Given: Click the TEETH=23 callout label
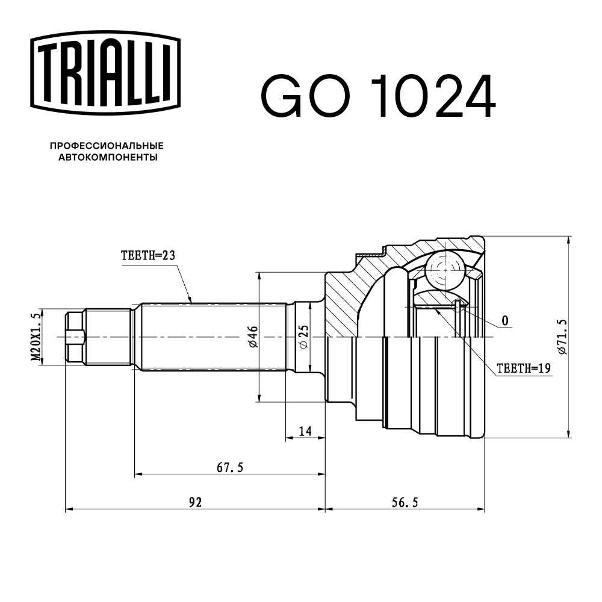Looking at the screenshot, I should pos(147,256).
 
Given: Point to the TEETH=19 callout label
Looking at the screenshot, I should pos(524,368).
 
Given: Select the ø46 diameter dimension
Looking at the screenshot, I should pos(253,337).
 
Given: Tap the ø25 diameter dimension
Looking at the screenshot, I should pos(303,337).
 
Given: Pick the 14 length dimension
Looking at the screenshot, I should pos(305,430).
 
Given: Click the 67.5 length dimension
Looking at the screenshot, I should pos(229,467).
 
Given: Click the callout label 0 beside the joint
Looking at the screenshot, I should pos(504,320).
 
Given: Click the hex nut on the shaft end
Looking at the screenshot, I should pos(74,337).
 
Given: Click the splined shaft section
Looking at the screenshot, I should pos(211,337).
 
